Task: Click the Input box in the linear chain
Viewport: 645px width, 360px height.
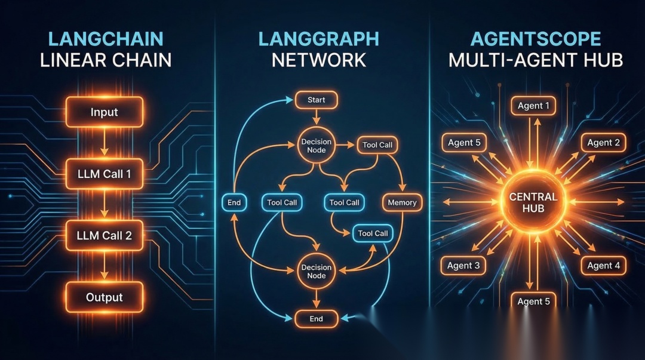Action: (x=104, y=112)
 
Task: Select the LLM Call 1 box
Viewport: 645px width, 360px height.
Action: (x=104, y=175)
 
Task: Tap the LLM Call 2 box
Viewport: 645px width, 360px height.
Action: (x=104, y=235)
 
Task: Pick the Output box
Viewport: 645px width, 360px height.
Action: (x=104, y=297)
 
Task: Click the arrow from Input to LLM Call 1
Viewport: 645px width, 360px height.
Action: (x=104, y=143)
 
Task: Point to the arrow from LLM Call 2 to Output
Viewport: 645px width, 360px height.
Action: (x=104, y=266)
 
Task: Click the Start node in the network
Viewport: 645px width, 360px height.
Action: (x=316, y=100)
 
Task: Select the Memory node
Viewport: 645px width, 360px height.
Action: (x=402, y=202)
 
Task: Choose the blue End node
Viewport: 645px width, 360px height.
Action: (x=234, y=202)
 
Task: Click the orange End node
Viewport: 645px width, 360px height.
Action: (x=316, y=319)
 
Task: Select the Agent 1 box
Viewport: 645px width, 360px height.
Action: (x=533, y=106)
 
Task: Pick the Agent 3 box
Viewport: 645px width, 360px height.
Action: (x=463, y=266)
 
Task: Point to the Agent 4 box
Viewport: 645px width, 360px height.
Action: (x=603, y=266)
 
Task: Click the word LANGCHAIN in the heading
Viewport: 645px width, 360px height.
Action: (x=105, y=39)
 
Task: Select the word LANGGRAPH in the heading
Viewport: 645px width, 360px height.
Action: (x=318, y=39)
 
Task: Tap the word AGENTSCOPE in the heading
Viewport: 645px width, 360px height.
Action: (x=536, y=39)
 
